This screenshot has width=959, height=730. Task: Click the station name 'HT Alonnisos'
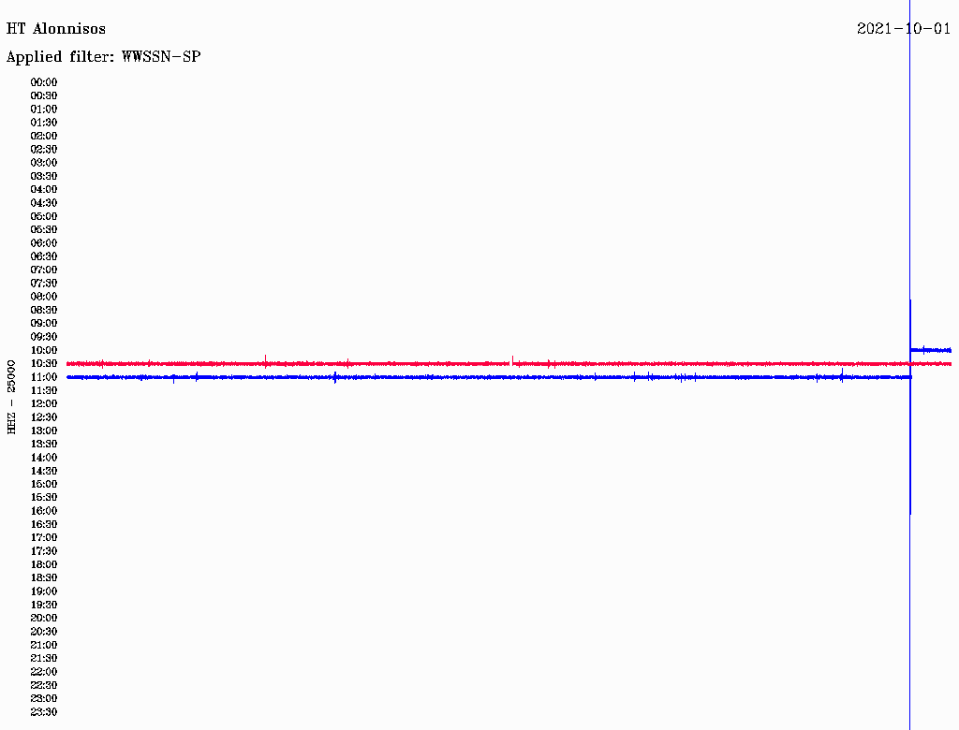55,29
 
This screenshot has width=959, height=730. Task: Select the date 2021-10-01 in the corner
904,29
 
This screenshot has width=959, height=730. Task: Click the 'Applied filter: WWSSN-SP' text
103,57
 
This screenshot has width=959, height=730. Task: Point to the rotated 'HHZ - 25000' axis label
11,397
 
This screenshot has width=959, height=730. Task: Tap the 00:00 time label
44,82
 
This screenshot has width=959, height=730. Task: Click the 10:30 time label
44,364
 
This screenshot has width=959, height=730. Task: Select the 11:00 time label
44,377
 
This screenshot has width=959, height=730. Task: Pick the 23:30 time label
44,712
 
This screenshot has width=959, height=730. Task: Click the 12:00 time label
44,403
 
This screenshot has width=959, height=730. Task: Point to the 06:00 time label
44,243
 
